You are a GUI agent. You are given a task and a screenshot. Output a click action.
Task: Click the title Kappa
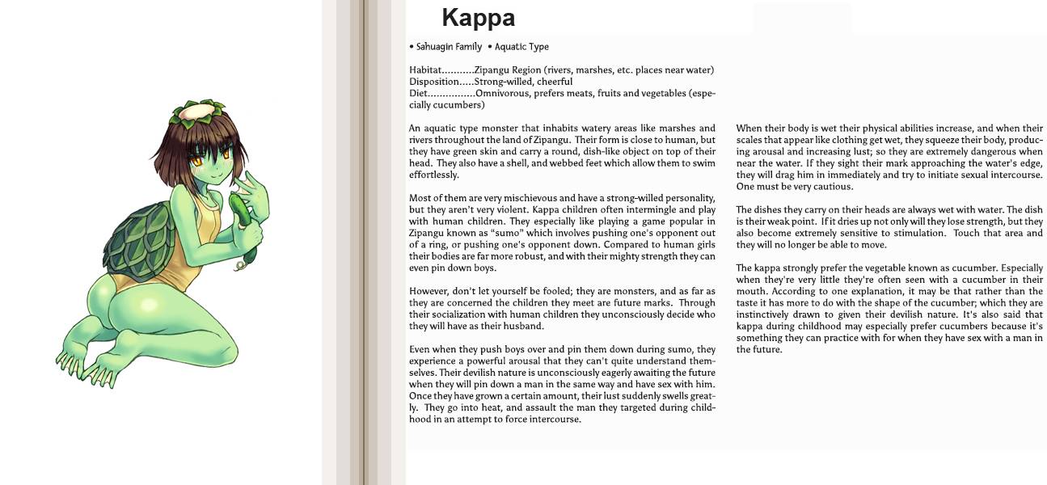click(x=478, y=18)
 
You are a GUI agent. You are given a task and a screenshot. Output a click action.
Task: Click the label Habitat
click(x=425, y=70)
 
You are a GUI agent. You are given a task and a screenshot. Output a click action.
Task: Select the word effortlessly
click(x=433, y=175)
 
